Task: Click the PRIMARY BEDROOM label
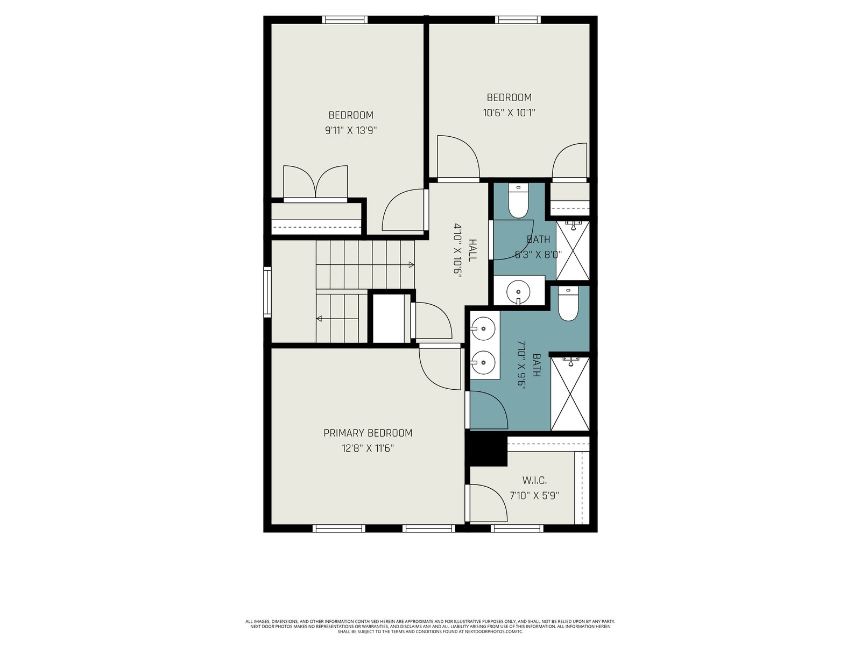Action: pos(368,433)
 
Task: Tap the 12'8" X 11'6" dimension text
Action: pos(368,448)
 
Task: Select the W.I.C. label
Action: pos(534,481)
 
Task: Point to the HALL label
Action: pos(472,250)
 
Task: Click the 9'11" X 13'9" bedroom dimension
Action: pos(351,131)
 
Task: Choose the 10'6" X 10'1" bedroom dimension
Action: pos(509,113)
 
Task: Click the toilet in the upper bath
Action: pos(518,201)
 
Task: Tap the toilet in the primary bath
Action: pos(568,304)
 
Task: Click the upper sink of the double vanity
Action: pos(483,329)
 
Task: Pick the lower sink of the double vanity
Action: pos(483,362)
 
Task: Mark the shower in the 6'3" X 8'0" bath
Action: pos(573,251)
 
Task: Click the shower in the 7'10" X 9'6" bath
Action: pos(570,394)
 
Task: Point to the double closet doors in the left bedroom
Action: pos(315,182)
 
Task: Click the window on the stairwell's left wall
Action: pos(267,292)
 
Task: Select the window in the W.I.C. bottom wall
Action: pos(517,529)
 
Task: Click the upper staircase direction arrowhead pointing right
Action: pos(412,265)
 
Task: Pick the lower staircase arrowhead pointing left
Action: pos(319,319)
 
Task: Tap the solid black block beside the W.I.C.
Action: pos(486,450)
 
